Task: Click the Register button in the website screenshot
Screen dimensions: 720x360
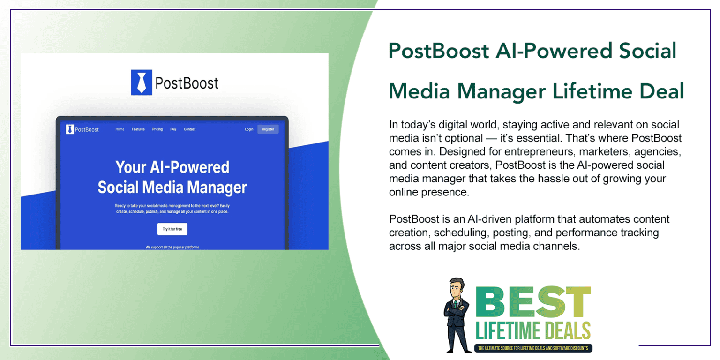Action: pos(268,129)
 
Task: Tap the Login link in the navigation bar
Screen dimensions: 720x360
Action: pos(249,129)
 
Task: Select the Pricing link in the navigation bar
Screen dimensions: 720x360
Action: pos(157,129)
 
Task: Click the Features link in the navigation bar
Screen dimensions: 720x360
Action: pos(138,129)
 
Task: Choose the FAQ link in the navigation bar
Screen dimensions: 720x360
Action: pos(173,129)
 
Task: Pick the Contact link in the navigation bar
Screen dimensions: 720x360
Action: pos(190,129)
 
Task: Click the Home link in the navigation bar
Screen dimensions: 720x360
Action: pos(120,129)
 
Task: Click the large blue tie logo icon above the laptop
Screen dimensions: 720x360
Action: pos(142,82)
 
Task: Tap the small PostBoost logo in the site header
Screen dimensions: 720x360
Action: pos(82,129)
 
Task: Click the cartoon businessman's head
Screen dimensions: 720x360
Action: pos(457,288)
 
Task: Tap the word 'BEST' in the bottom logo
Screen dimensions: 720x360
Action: pos(533,302)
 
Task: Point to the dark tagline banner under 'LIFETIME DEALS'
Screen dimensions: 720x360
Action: pos(533,348)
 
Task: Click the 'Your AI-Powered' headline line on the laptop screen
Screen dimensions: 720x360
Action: pos(172,167)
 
